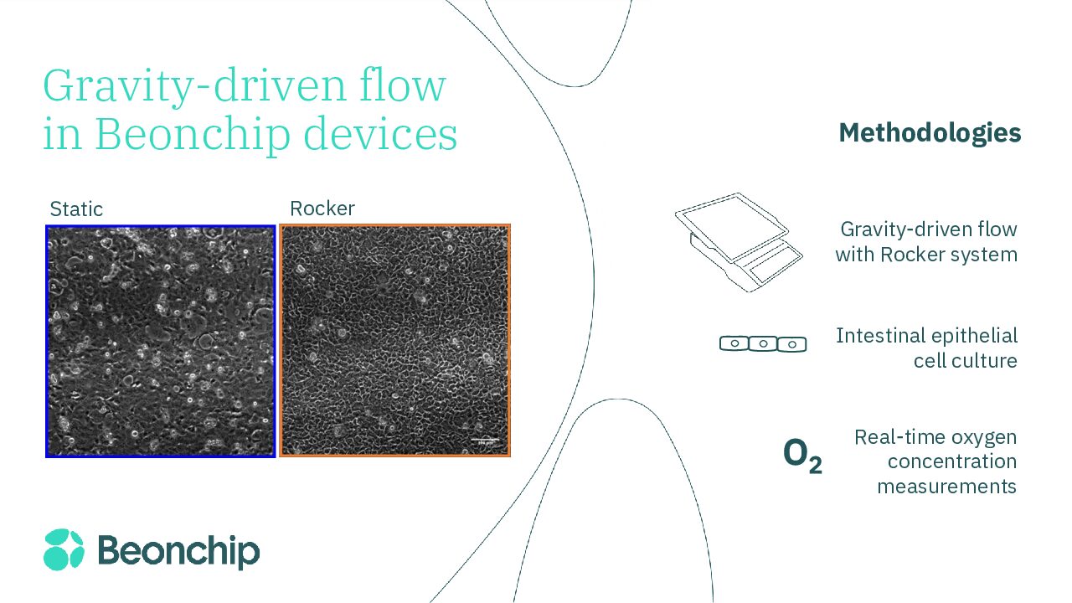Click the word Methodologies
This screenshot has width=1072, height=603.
coord(930,133)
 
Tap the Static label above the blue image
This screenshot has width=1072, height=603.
coord(76,209)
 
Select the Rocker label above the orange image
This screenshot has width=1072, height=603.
coord(322,209)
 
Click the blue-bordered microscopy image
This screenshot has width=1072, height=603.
coord(160,341)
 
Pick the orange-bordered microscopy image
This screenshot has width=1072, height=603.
coord(394,341)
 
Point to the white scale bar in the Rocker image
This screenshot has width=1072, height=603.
coord(485,439)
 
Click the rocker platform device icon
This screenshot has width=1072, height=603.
coord(738,242)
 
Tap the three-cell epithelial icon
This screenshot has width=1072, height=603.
coord(763,344)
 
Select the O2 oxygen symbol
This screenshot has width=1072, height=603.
coord(802,455)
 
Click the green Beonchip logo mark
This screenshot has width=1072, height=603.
coord(64,549)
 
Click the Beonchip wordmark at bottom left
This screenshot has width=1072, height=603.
coord(178,551)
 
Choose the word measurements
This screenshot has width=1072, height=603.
coord(946,487)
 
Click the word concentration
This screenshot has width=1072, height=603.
coord(952,461)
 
